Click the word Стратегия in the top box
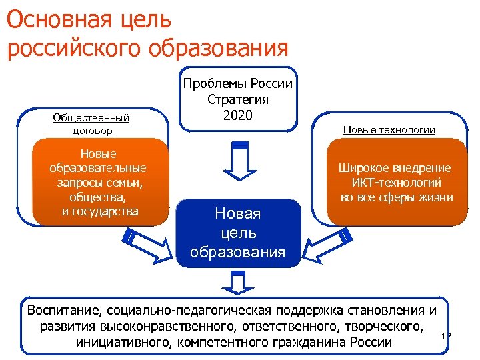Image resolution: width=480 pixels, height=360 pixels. (238, 99)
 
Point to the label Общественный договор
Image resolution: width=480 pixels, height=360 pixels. (91, 124)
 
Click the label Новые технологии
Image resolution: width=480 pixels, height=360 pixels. (389, 130)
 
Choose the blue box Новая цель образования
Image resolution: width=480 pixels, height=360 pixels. (238, 233)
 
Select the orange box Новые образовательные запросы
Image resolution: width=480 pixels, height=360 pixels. (98, 181)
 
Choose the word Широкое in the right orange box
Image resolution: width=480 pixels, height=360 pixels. (365, 168)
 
